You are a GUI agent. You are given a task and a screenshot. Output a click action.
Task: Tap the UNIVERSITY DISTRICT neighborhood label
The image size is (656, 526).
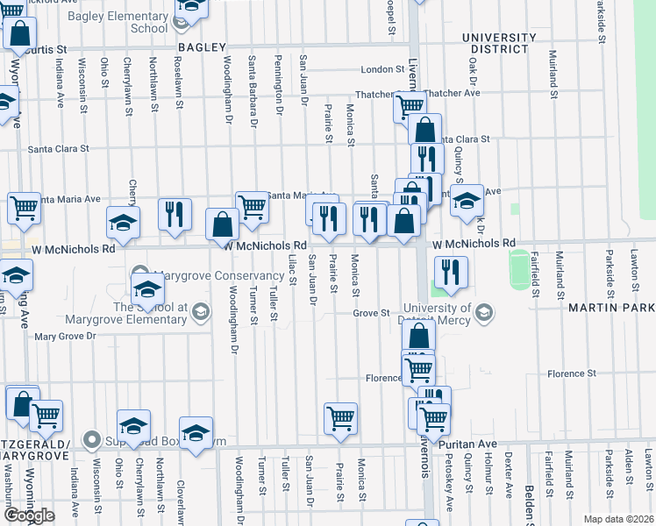(x=499, y=43)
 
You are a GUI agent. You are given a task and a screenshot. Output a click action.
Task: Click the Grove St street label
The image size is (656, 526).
(x=372, y=313)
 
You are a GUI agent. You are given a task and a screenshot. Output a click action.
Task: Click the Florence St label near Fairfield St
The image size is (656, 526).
(x=572, y=373)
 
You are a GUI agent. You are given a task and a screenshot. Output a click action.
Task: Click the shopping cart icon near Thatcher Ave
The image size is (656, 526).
(x=410, y=106)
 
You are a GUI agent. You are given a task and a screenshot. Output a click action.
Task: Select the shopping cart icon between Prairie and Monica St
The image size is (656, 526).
(x=339, y=417)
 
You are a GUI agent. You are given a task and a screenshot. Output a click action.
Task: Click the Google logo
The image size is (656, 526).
(x=28, y=515)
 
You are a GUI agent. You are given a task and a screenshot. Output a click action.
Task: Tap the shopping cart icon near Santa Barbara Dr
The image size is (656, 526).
(x=252, y=207)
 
